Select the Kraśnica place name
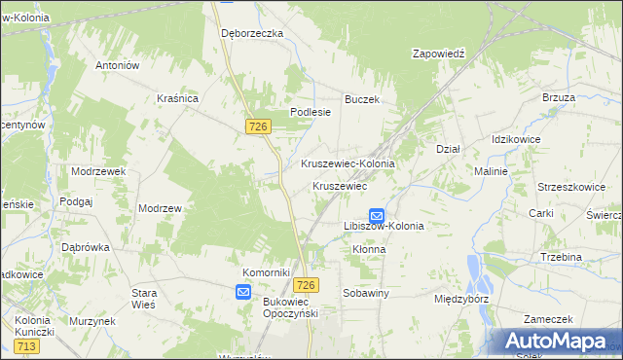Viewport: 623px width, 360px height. coord(178,98)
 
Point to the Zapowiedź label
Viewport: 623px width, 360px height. coord(440,54)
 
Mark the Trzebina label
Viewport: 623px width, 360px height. coord(561,257)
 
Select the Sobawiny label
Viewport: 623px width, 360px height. coord(366,293)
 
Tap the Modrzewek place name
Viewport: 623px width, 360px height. coord(99,170)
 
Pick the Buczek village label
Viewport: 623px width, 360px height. coord(361,99)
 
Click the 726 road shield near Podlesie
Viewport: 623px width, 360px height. coord(258,127)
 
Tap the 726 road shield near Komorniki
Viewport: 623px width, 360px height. coord(306,284)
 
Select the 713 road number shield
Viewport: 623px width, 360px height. coord(26,346)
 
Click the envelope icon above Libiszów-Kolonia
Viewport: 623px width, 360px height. coord(377,215)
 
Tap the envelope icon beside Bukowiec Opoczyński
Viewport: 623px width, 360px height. coord(243,291)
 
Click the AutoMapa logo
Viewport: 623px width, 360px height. coord(560,342)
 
